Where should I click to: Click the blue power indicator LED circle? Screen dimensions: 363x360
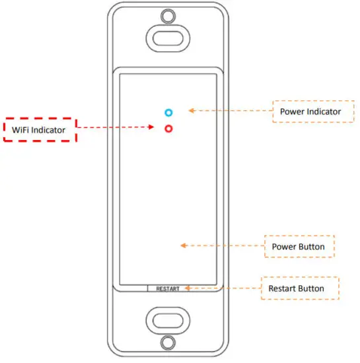(169, 113)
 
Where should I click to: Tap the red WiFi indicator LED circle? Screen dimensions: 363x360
(169, 129)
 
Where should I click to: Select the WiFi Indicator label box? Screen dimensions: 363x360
(40, 130)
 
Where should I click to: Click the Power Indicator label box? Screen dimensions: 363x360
(310, 111)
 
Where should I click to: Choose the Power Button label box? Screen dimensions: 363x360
(299, 246)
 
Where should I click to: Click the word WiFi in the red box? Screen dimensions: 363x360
(21, 130)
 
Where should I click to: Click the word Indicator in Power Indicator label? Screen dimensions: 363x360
(323, 111)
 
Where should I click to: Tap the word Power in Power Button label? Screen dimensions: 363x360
(284, 247)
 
